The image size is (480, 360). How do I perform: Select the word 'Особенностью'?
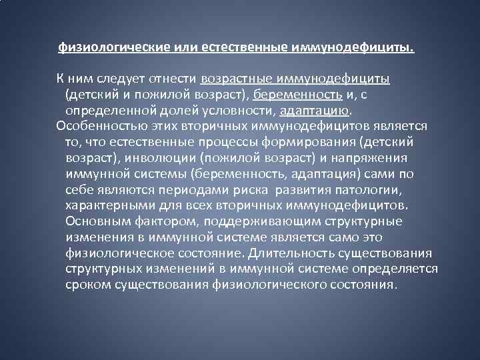96,126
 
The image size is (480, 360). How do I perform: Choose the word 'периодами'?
171,189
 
